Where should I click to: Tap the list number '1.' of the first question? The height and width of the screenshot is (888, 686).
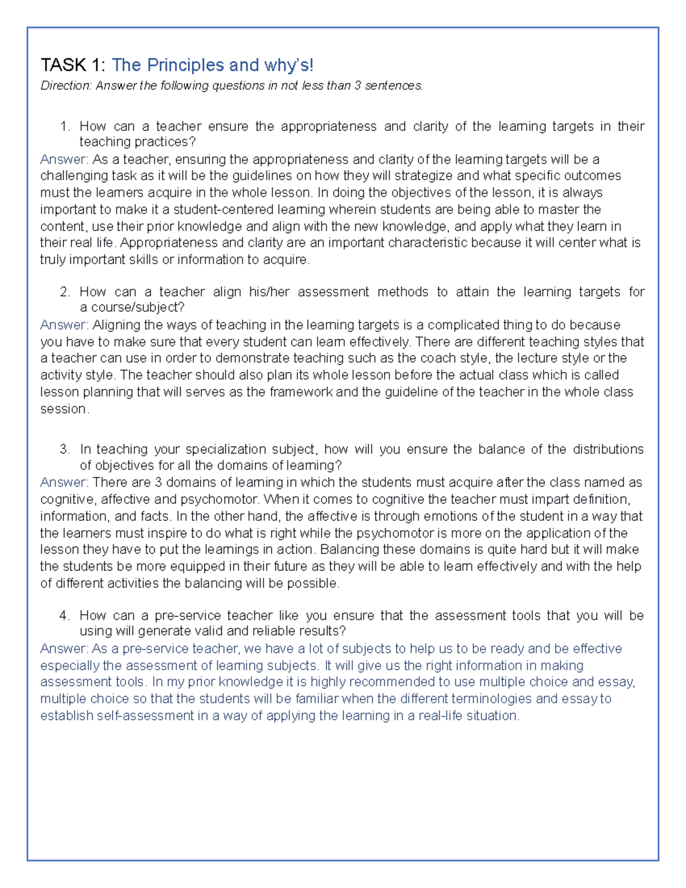tap(65, 126)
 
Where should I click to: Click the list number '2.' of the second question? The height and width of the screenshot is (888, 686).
tap(65, 292)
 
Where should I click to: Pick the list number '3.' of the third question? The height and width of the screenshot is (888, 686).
tap(65, 449)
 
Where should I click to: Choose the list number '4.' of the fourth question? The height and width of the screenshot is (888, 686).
tap(65, 616)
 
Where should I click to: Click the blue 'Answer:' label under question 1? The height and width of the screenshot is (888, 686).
tap(64, 160)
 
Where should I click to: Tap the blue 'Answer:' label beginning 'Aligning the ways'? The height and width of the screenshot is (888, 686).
tap(64, 325)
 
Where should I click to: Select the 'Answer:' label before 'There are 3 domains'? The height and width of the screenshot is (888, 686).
tap(64, 483)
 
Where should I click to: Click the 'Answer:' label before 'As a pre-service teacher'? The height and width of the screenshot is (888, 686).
tap(64, 649)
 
